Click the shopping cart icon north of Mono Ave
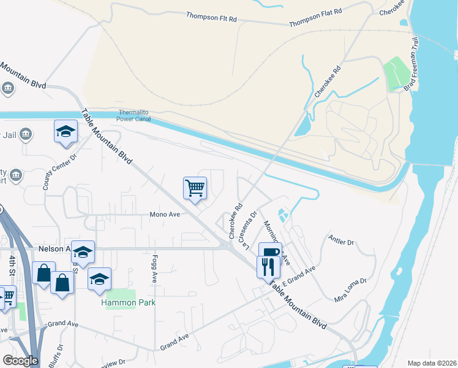(x=195, y=188)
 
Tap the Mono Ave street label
(x=165, y=215)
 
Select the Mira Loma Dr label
(x=350, y=290)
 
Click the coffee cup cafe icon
(x=270, y=253)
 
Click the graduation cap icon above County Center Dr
(x=66, y=131)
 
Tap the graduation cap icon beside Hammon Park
(x=99, y=279)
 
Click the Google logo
(x=20, y=361)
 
